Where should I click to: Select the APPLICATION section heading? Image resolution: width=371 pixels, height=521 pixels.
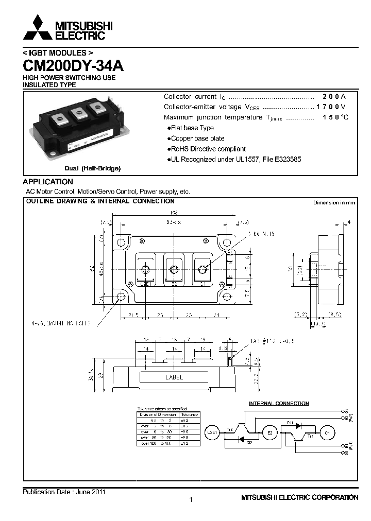48,182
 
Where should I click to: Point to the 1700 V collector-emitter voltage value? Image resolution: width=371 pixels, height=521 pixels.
331,107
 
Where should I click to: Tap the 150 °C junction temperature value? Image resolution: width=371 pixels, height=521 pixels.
335,117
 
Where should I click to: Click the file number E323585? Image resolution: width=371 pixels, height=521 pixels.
285,160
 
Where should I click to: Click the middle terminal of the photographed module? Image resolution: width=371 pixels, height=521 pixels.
79,113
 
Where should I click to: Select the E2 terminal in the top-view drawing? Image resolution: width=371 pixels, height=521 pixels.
174,283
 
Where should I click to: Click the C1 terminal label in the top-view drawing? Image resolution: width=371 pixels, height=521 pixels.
202,283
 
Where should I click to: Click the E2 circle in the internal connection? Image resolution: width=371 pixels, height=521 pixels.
269,432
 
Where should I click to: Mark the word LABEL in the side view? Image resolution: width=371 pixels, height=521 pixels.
174,377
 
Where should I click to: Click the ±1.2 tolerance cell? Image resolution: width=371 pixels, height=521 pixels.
189,443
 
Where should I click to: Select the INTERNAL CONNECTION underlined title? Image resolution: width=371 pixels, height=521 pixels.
279,404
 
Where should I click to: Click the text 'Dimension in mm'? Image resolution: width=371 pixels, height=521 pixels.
334,203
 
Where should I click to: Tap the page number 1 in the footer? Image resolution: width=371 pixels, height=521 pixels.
191,499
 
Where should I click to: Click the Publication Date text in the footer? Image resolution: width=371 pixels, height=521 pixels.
64,492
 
